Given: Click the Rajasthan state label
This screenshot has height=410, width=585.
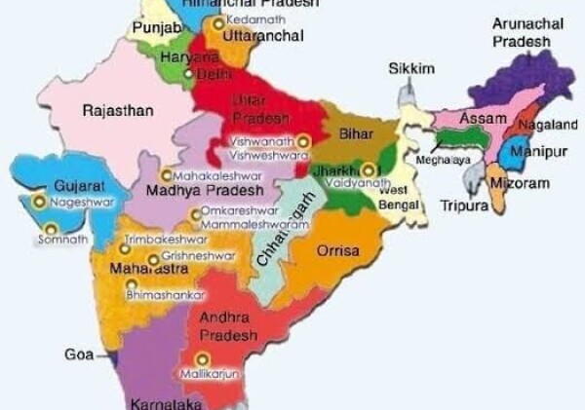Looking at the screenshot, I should point(118,111).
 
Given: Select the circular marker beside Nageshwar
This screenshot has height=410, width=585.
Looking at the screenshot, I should point(39,202).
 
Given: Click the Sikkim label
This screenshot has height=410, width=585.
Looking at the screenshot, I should point(410,68).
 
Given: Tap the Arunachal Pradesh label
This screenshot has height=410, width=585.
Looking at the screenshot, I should point(522,32).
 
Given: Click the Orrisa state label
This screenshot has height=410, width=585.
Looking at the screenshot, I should point(338,251).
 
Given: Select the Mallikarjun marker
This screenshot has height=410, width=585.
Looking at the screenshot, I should point(202,359).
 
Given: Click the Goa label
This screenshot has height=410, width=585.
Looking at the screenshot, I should point(79,354).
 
